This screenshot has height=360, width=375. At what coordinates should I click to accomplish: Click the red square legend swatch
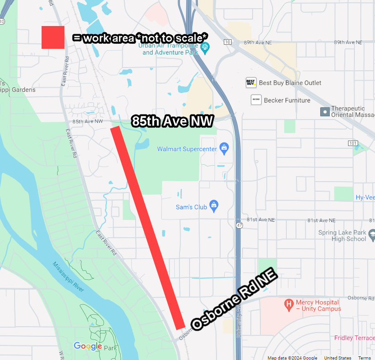point(53,37)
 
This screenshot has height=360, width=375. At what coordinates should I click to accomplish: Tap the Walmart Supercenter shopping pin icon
point(224,148)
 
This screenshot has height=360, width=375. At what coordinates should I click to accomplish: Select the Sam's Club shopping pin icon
point(213,206)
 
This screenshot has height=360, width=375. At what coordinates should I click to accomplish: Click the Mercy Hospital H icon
point(288,303)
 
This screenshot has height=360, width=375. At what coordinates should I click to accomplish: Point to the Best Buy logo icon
point(250,83)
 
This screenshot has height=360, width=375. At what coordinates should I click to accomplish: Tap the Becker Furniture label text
point(287,100)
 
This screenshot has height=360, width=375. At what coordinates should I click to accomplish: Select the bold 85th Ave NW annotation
point(173,121)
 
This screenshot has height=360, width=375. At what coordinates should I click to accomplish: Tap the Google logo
point(88,346)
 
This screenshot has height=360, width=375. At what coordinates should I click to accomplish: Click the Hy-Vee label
point(365,198)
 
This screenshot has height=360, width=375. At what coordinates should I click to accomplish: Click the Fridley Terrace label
point(354,338)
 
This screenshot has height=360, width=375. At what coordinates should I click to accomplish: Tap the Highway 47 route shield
point(240,225)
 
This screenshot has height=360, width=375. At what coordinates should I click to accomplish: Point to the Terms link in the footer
point(364,358)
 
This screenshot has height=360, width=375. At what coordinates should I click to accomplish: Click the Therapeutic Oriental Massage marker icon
point(325,111)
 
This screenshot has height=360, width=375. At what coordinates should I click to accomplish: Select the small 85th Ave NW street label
point(88,121)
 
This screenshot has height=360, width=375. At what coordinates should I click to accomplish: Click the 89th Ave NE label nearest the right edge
point(348,42)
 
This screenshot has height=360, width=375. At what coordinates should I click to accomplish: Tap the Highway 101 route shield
point(352,143)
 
